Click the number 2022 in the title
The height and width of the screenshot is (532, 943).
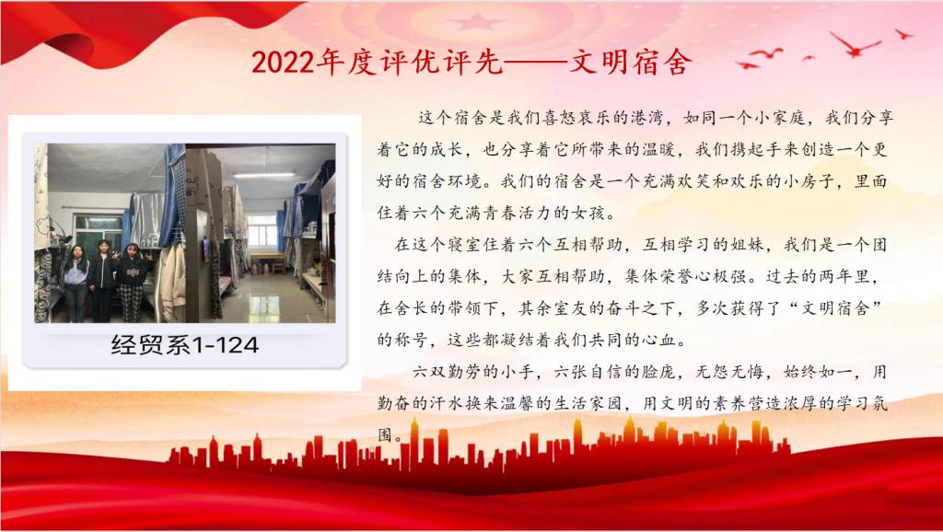pos(284,62)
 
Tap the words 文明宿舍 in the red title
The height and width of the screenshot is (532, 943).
pos(630,62)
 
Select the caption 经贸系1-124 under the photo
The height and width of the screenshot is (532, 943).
pos(184,345)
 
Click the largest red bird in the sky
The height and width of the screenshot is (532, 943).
pos(856,44)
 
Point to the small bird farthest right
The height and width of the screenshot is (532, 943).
pos(904,34)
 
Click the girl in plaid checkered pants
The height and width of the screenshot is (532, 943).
pos(134,282)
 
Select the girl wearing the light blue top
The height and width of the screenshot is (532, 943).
pos(76,283)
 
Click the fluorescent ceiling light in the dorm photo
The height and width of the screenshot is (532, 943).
pos(264,175)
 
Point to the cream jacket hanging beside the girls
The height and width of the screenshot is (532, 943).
pos(170,282)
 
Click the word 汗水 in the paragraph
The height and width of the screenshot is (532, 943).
pos(448,403)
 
